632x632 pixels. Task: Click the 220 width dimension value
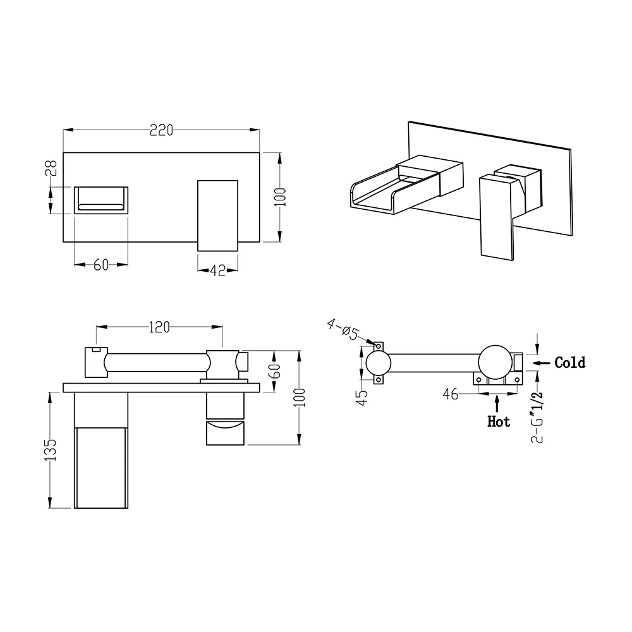click(161, 130)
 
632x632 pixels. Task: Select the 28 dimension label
click(52, 167)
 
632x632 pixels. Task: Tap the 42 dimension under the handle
click(217, 270)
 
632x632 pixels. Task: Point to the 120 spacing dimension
click(159, 327)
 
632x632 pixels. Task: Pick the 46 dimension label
click(451, 394)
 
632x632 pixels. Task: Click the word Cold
click(569, 363)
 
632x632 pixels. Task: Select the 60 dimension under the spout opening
click(101, 265)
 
